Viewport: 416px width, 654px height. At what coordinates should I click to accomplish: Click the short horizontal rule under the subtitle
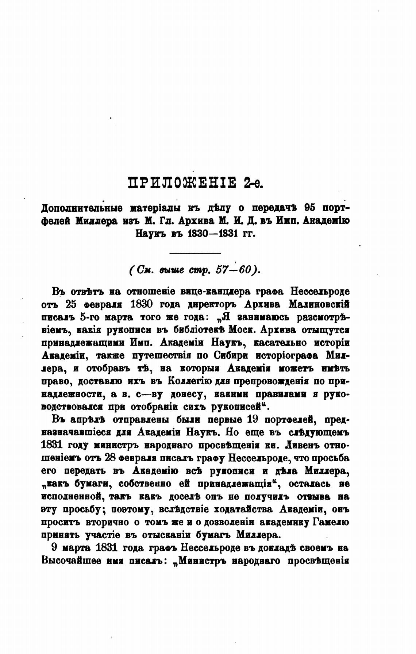tap(196, 253)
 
